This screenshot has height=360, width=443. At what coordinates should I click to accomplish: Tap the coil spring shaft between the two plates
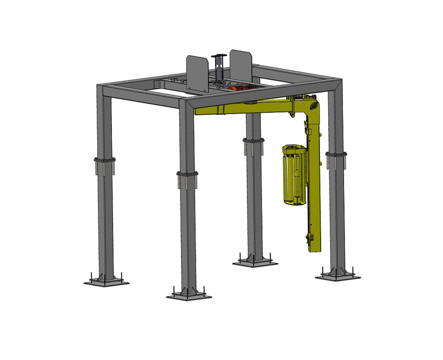pyautogui.click(x=217, y=67)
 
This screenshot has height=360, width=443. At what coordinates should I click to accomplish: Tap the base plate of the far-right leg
pyautogui.click(x=338, y=274)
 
